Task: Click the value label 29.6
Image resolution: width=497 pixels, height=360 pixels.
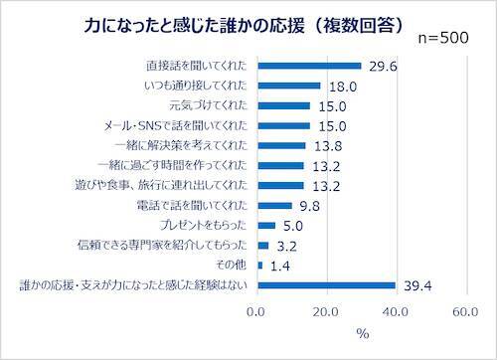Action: click(383, 67)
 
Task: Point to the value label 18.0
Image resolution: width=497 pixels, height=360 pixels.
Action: click(343, 87)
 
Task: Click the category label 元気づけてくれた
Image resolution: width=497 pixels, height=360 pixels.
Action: click(210, 106)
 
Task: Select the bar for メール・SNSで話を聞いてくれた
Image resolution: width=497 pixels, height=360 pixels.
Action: click(283, 126)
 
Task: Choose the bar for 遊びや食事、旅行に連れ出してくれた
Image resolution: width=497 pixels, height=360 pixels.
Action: click(280, 186)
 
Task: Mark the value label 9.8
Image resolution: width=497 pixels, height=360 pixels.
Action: click(310, 206)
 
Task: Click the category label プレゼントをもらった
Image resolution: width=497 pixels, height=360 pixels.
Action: click(203, 226)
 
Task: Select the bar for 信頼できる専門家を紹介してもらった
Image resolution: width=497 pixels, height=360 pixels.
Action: click(263, 246)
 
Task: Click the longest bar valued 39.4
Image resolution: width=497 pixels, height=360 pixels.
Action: click(326, 286)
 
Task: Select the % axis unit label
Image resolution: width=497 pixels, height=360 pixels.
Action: click(362, 333)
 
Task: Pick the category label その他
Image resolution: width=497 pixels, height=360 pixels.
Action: click(236, 266)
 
